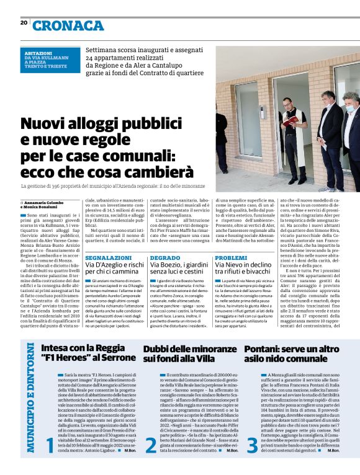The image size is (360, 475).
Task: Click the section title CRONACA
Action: point(68,25)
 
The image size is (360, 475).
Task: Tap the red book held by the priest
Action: point(289,122)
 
